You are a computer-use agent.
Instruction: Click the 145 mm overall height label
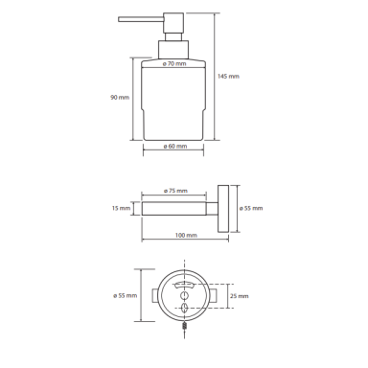point(228,77)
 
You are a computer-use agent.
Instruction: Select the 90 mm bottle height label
point(120,97)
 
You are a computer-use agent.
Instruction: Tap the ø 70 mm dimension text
point(174,63)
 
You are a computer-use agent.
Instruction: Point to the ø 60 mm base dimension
point(175,147)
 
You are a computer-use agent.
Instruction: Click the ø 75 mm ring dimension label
point(175,191)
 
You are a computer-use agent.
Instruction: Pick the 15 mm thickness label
point(121,208)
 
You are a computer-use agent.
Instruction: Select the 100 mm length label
point(186,236)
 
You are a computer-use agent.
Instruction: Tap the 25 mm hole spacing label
point(239,296)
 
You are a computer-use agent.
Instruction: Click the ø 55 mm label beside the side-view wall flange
point(251,208)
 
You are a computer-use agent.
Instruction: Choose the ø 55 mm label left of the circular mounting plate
point(125,296)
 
